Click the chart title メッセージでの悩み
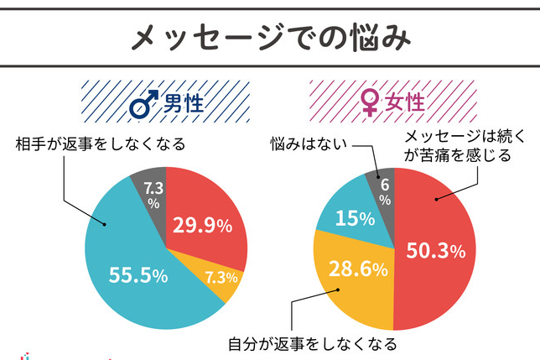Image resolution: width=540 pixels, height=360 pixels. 269,37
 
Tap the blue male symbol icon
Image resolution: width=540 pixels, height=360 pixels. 144,107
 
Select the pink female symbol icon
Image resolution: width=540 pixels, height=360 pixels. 369,107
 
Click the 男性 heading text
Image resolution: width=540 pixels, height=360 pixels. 182,107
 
